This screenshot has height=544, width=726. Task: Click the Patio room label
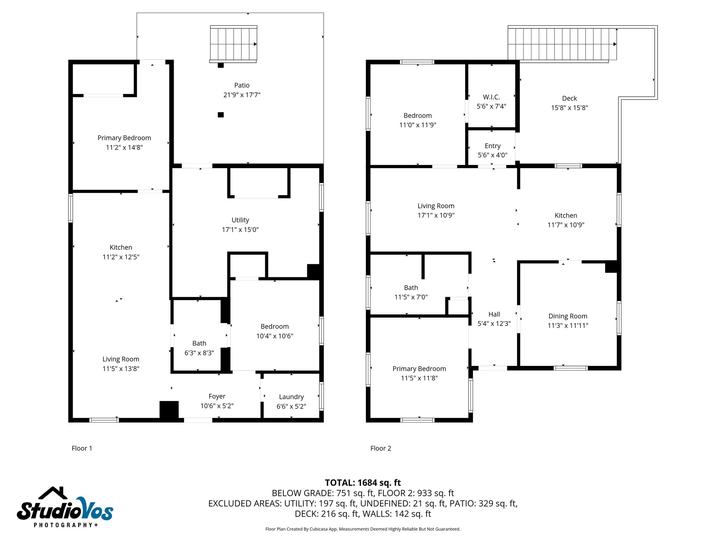[x=242, y=85]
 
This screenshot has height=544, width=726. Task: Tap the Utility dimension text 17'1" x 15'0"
[x=240, y=229]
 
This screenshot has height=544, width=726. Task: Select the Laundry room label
[x=291, y=397]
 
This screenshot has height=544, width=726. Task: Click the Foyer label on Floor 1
[x=217, y=396]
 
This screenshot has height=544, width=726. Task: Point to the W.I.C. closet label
[x=491, y=97]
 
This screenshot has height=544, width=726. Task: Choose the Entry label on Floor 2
[x=492, y=146]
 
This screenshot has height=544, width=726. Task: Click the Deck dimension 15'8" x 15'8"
[x=569, y=108]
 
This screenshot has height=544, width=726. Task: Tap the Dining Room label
[x=568, y=316]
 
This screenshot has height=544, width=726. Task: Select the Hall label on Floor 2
[x=494, y=314]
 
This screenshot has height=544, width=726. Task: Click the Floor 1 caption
[x=82, y=448]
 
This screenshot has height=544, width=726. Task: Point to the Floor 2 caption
[x=380, y=448]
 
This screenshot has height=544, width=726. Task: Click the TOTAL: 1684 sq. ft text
[x=363, y=482]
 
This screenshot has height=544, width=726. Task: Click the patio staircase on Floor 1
[x=233, y=44]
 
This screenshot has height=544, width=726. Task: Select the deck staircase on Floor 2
[x=562, y=44]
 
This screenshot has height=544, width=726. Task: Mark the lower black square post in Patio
[x=220, y=115]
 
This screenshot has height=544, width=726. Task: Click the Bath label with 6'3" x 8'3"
[x=199, y=343]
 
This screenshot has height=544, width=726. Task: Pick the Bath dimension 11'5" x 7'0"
[x=411, y=297]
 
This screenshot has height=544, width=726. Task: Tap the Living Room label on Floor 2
[x=436, y=206]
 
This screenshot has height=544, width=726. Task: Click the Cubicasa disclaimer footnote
[x=363, y=529]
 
